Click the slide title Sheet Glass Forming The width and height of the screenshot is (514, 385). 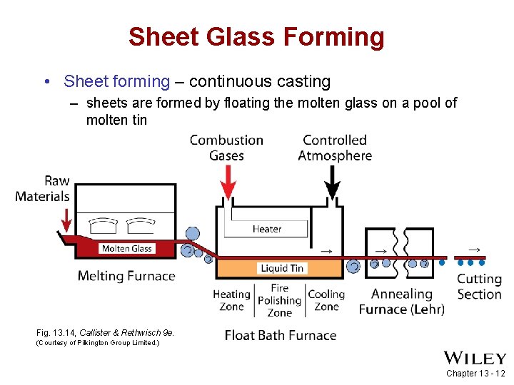pyautogui.click(x=256, y=36)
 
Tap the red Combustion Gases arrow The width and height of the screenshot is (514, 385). pyautogui.click(x=228, y=183)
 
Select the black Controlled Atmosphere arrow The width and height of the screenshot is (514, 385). pyautogui.click(x=332, y=183)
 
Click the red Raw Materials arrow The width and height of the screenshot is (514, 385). pyautogui.click(x=66, y=220)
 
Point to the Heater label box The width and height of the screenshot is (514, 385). pyautogui.click(x=266, y=229)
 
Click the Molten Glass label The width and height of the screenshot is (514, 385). pyautogui.click(x=126, y=248)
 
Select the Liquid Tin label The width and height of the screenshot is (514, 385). pyautogui.click(x=282, y=268)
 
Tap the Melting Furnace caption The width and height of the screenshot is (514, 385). pyautogui.click(x=126, y=276)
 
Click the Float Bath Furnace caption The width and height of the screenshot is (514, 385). pyautogui.click(x=280, y=335)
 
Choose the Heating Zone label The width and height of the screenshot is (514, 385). pyautogui.click(x=231, y=300)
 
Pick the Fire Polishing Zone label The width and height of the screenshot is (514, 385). pyautogui.click(x=279, y=300)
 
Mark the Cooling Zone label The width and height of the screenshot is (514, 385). pyautogui.click(x=326, y=300)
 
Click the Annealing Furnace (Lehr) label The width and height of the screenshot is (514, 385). pyautogui.click(x=401, y=301)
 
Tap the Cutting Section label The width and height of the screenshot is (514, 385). pyautogui.click(x=479, y=287)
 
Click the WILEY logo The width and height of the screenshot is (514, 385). pyautogui.click(x=475, y=358)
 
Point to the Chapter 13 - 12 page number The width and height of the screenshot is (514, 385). pyautogui.click(x=475, y=374)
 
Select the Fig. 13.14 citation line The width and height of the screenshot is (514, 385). pyautogui.click(x=105, y=332)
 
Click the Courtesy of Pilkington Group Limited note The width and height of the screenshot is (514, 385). pyautogui.click(x=98, y=343)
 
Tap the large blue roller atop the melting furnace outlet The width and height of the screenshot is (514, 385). pyautogui.click(x=192, y=234)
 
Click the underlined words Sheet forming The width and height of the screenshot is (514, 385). pyautogui.click(x=116, y=82)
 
